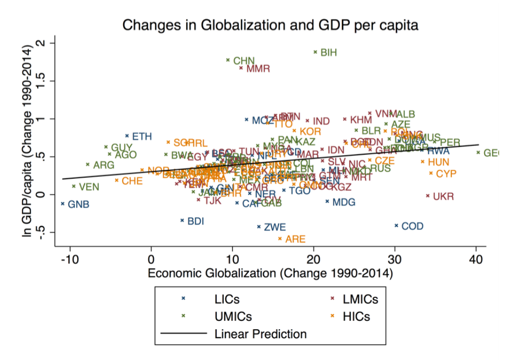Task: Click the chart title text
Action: (x=270, y=25)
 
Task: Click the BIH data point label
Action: (x=329, y=52)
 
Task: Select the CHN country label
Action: (x=244, y=61)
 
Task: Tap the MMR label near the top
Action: (x=258, y=69)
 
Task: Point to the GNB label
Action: (x=78, y=205)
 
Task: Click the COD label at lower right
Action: (x=412, y=227)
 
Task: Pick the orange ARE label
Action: (x=295, y=239)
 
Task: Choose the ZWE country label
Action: (x=275, y=227)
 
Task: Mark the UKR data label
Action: (x=444, y=197)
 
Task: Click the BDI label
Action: (x=195, y=221)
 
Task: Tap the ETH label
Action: (x=142, y=137)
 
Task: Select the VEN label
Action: (x=89, y=187)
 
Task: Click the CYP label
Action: (x=446, y=174)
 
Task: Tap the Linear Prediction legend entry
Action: (x=260, y=334)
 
